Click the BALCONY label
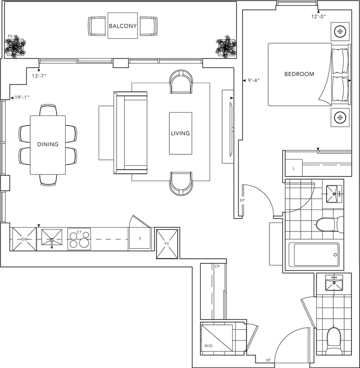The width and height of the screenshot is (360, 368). click(123, 26)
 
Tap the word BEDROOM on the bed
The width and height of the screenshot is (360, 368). click(299, 74)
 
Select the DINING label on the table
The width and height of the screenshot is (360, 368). click(48, 144)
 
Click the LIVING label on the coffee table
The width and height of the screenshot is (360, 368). click(180, 133)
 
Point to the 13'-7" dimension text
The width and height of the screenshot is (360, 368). click(39, 76)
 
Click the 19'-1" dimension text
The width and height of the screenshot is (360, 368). click(22, 97)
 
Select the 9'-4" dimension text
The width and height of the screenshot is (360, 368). click(254, 80)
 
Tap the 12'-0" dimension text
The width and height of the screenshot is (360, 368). click(319, 16)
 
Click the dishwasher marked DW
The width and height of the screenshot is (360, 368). click(24, 239)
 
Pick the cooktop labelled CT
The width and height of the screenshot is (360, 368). click(79, 239)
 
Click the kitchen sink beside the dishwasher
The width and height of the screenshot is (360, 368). click(52, 238)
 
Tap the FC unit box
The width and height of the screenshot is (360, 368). click(167, 244)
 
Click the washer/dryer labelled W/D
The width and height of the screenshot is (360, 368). click(216, 338)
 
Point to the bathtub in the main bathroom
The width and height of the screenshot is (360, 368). click(314, 255)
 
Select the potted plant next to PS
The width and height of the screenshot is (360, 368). click(15, 46)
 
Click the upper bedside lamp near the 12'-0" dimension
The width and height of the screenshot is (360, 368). click(340, 32)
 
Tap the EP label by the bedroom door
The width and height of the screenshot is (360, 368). click(242, 200)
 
